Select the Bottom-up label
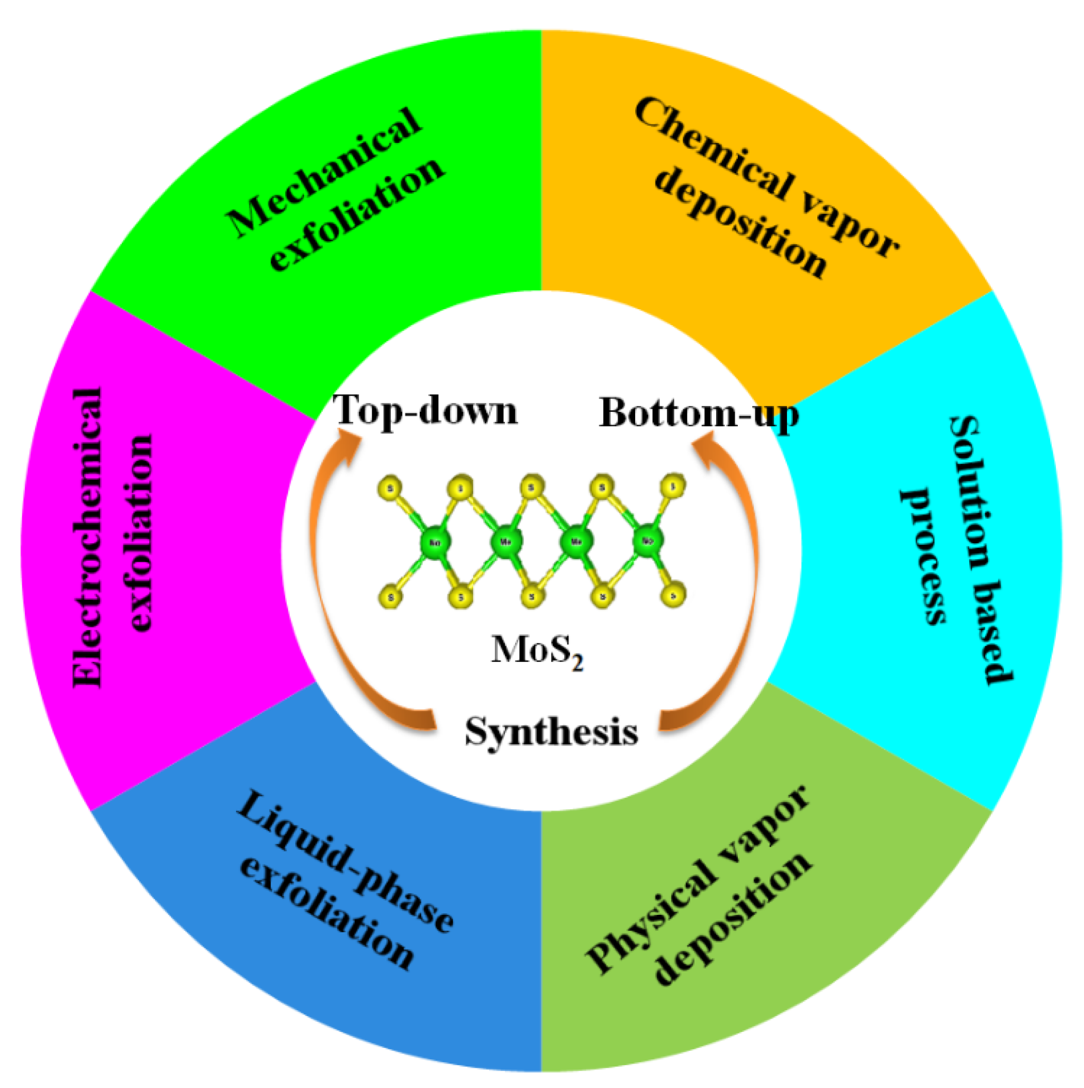click(698, 414)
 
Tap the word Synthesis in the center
click(552, 732)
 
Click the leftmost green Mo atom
click(435, 542)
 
